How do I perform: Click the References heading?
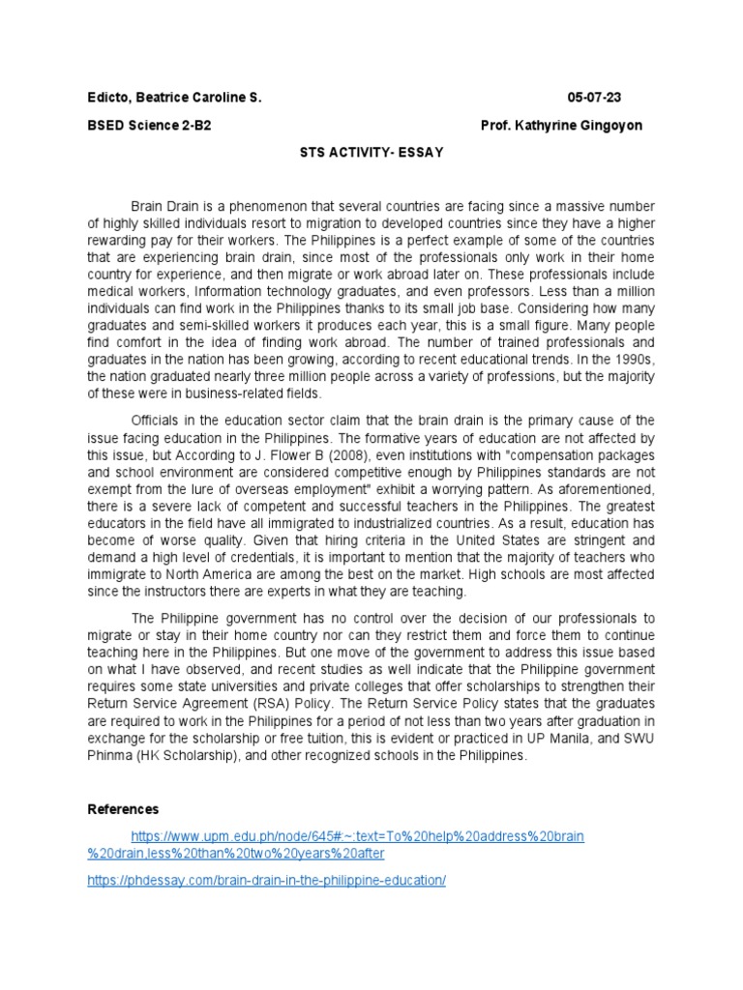123,808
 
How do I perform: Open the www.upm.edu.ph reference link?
358,834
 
